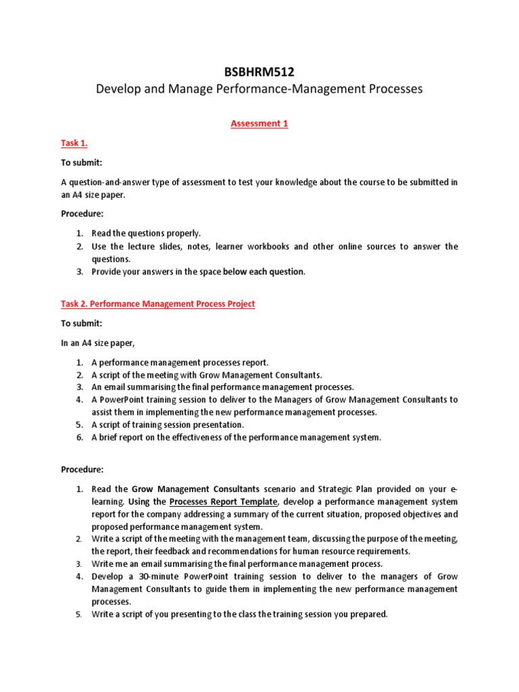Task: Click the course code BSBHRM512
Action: pos(259,72)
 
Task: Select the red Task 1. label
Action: pos(74,143)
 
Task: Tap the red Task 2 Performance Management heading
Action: pos(158,304)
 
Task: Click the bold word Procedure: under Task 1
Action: pos(82,214)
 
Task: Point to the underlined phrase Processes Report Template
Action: pos(223,501)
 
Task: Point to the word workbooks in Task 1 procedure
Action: pos(265,246)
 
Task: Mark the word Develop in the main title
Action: pos(117,89)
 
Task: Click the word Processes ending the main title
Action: pos(397,89)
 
